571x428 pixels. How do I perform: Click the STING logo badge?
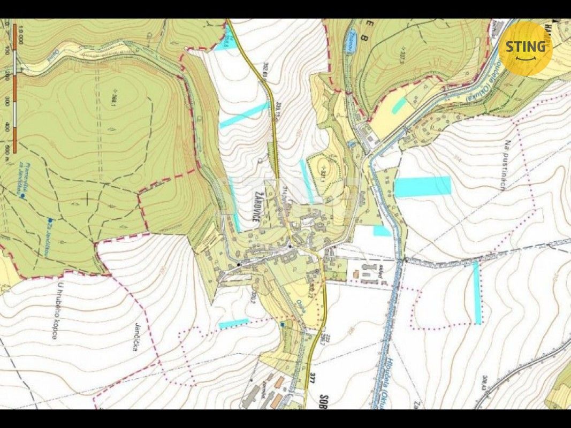525,48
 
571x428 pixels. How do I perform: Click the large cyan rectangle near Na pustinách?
423,186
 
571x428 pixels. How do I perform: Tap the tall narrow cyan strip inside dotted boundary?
476,293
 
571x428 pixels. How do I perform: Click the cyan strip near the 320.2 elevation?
234,323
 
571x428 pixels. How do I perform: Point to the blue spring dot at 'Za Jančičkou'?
49,220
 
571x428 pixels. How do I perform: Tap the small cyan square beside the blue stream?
382,231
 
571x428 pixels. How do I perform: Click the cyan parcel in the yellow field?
398,105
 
